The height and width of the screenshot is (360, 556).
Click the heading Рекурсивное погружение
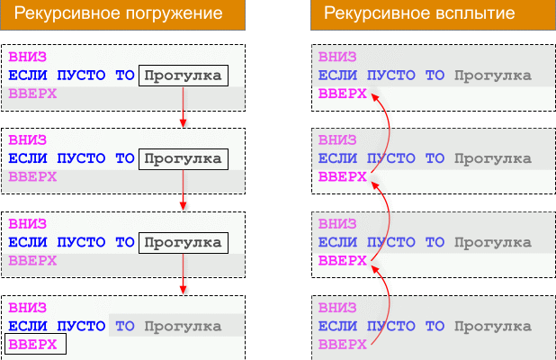click(122, 14)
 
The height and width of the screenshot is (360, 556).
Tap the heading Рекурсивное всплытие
click(419, 14)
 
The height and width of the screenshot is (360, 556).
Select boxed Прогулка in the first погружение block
click(184, 76)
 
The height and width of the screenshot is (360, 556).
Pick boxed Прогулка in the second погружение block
click(184, 159)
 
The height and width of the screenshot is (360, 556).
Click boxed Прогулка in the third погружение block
click(184, 242)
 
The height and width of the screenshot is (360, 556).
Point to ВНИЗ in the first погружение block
click(27, 57)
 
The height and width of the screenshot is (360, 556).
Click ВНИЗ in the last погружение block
click(27, 307)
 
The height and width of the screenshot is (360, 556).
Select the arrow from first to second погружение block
click(184, 107)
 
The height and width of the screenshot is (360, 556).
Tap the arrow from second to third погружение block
click(184, 191)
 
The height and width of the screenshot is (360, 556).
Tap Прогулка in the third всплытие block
click(493, 242)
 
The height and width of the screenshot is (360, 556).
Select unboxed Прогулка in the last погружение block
click(184, 326)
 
